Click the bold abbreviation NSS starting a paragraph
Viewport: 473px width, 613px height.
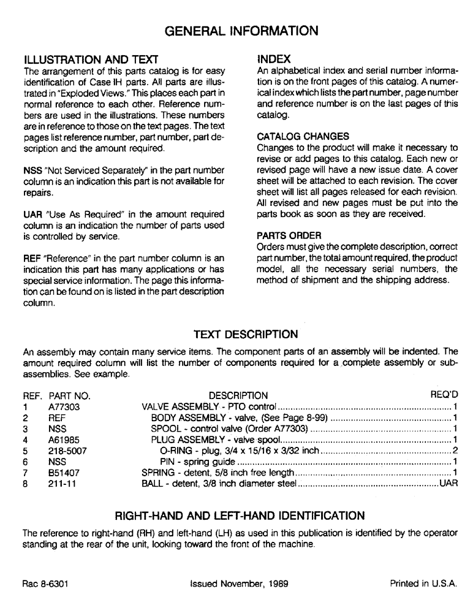[x=32, y=170]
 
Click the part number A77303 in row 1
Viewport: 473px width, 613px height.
[x=64, y=406]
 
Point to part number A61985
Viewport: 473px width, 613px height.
[x=64, y=440]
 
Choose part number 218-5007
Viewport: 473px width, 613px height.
[x=66, y=451]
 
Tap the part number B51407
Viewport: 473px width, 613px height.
[x=64, y=473]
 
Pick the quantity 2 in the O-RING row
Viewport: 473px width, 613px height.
[x=456, y=451]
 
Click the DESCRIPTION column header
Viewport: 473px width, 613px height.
[x=238, y=395]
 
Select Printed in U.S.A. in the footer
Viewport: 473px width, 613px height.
[x=423, y=584]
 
